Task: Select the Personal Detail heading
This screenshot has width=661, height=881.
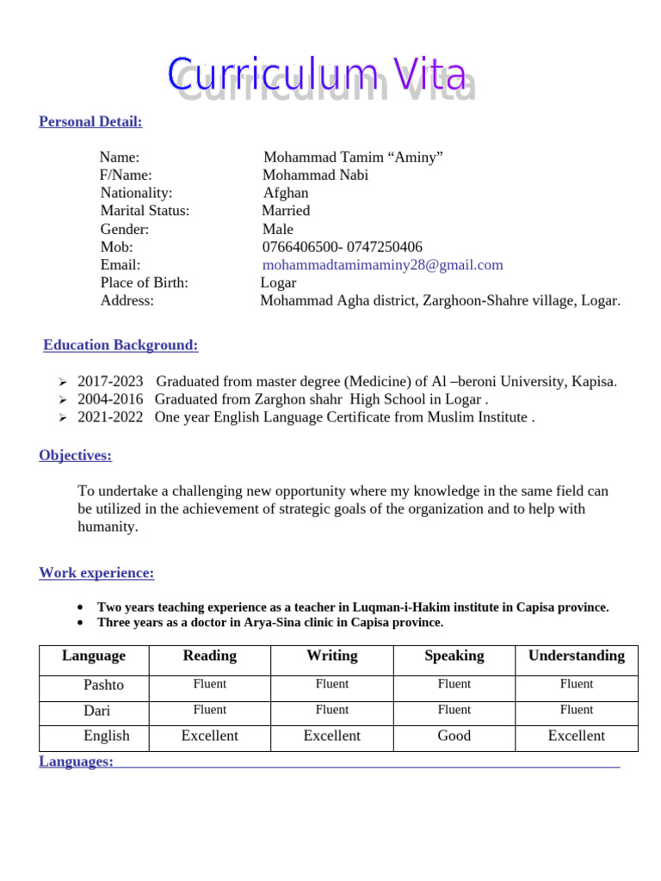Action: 90,121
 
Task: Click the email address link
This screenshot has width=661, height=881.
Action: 382,265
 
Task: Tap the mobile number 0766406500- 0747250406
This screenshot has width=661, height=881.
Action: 342,247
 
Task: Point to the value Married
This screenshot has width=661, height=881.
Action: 286,211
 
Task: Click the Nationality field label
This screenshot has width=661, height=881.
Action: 136,193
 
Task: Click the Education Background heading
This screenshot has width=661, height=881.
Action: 120,345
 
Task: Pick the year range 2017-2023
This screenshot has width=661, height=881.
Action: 113,381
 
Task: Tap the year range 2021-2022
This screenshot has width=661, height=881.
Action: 113,417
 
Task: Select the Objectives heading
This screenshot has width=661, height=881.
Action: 75,455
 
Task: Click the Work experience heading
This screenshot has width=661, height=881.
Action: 96,573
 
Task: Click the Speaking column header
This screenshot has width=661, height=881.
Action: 454,656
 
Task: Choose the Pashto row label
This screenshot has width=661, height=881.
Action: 103,685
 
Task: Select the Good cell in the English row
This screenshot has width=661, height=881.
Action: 454,736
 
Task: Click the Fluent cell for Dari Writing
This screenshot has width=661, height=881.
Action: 332,710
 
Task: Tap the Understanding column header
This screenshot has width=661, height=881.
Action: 577,656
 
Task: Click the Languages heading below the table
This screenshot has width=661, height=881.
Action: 76,761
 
